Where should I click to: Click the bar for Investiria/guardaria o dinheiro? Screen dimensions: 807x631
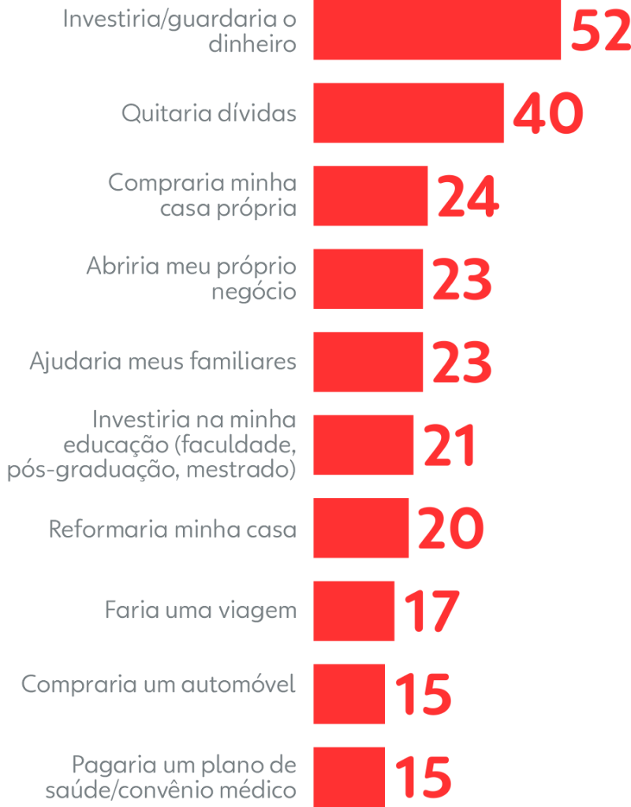click(437, 30)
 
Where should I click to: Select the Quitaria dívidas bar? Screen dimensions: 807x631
click(409, 113)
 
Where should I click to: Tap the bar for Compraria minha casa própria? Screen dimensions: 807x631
click(371, 196)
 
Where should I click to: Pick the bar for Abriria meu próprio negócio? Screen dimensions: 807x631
click(368, 279)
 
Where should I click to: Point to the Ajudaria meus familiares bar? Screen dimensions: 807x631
click(368, 362)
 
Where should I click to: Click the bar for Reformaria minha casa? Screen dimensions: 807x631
click(361, 528)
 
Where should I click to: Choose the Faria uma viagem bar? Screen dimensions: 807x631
click(354, 611)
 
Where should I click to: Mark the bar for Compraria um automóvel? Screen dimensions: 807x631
click(349, 694)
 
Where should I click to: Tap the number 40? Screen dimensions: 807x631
click(548, 114)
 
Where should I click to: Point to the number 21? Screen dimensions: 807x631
click(450, 446)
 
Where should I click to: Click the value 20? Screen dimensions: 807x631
click(450, 529)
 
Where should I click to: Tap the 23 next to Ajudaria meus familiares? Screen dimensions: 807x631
click(462, 363)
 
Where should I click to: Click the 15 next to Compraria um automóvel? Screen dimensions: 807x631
click(423, 694)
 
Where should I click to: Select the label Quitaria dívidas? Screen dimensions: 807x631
click(209, 113)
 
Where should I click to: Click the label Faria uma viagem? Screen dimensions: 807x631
click(201, 611)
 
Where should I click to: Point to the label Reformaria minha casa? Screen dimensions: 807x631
click(173, 528)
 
